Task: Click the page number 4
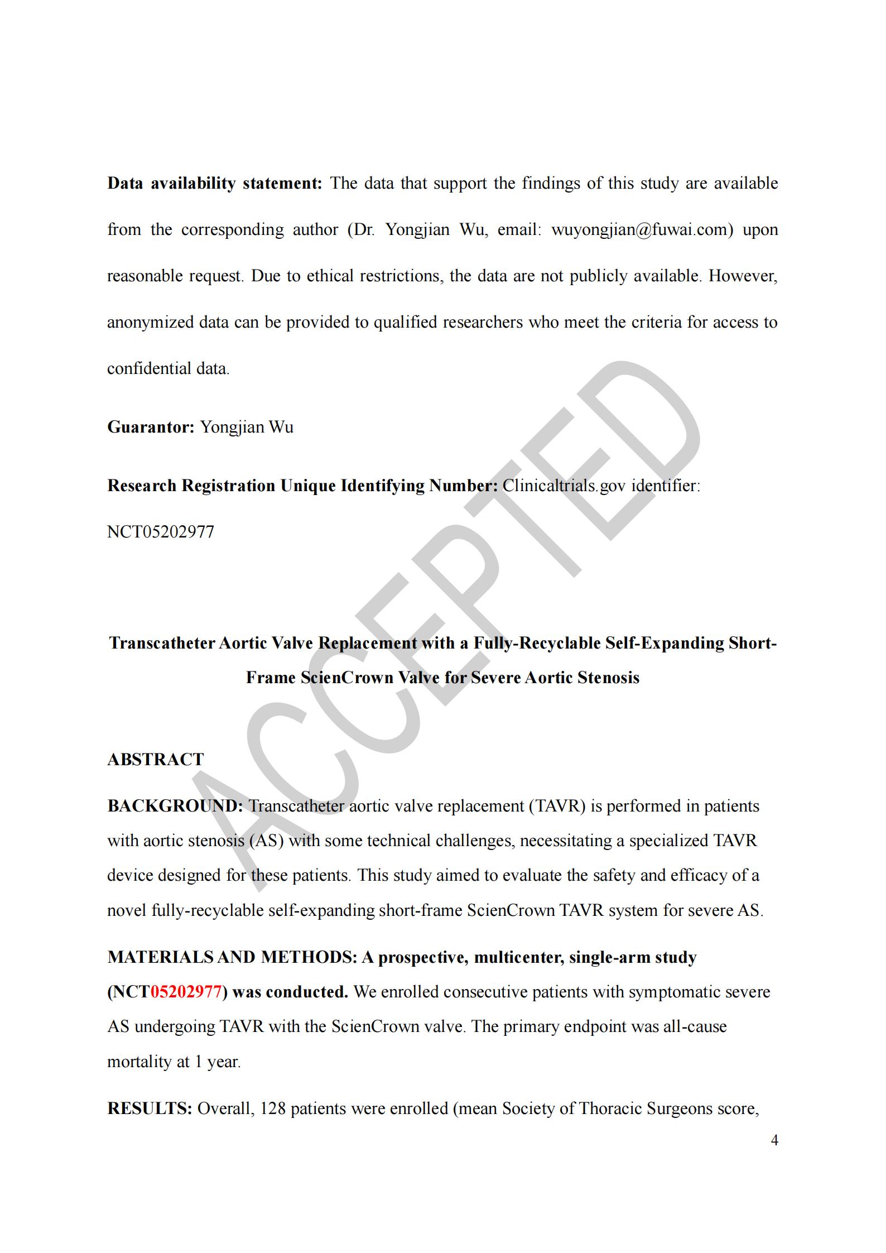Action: coord(774,1140)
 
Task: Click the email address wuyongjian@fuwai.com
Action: coord(642,230)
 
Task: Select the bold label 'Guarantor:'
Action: coord(151,428)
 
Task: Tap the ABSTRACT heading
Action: coord(156,760)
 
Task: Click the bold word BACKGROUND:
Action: coord(175,806)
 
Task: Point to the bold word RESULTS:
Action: coord(150,1108)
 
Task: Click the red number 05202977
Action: coord(186,992)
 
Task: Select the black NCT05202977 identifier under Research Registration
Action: coord(161,532)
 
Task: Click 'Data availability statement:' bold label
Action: coord(215,184)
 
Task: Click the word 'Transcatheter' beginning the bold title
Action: coord(162,644)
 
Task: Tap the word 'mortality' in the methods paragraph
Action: coord(139,1062)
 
